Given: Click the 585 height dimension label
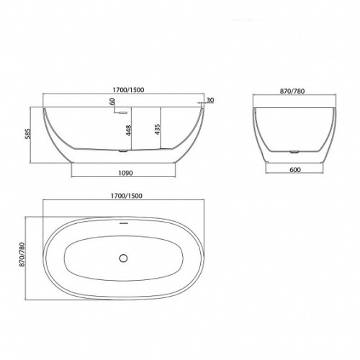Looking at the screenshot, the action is click(x=27, y=134).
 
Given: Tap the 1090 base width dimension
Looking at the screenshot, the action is click(x=125, y=173).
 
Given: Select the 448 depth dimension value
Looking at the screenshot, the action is click(x=128, y=130).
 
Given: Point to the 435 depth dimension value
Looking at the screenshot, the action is click(x=158, y=129).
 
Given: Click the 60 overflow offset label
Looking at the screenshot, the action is click(x=112, y=102).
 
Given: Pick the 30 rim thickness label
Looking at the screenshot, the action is click(x=210, y=100).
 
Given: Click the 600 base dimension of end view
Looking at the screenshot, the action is click(x=295, y=170).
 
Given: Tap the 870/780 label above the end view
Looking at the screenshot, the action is click(x=292, y=91).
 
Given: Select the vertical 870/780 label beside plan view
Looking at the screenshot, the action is click(x=22, y=255).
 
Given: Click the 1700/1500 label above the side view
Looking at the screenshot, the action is click(x=128, y=90).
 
